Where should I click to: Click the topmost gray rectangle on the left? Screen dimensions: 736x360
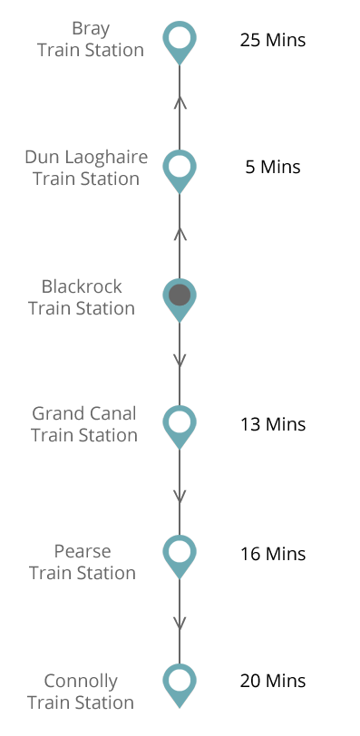click(90, 39)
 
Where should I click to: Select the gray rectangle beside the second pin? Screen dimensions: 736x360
click(86, 168)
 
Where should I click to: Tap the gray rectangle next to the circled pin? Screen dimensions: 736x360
click(81, 296)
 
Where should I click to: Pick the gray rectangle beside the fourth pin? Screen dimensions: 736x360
click(83, 423)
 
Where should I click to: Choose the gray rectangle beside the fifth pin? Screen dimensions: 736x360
click(82, 562)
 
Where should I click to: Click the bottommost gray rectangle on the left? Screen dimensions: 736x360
click(80, 691)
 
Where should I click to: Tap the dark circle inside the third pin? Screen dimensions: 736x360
click(180, 295)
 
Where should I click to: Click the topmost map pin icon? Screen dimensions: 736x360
click(180, 43)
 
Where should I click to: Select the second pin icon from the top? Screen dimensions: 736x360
click(180, 171)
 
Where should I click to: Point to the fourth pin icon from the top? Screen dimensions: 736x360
click(180, 427)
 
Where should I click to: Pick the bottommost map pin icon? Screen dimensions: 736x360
click(180, 685)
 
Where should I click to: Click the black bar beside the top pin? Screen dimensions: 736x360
click(273, 40)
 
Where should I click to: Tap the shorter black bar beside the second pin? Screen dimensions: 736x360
click(273, 167)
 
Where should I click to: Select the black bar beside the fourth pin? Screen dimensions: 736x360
click(273, 424)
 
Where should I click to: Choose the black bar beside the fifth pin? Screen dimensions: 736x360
click(273, 554)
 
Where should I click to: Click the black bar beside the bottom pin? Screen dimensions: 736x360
click(273, 681)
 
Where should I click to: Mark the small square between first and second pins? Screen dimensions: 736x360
click(180, 103)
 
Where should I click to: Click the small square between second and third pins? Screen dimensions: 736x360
click(180, 235)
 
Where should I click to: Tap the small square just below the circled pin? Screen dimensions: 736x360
click(180, 361)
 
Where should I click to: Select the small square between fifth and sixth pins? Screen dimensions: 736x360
click(180, 624)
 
